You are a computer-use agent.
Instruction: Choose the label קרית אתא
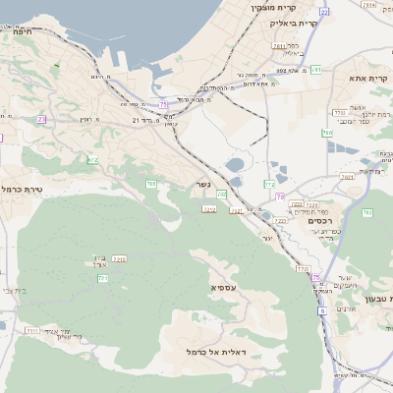[369, 77]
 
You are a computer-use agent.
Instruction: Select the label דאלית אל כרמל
[221, 351]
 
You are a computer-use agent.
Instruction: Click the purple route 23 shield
[42, 119]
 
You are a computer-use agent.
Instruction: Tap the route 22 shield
[323, 12]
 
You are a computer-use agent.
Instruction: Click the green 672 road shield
[92, 159]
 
